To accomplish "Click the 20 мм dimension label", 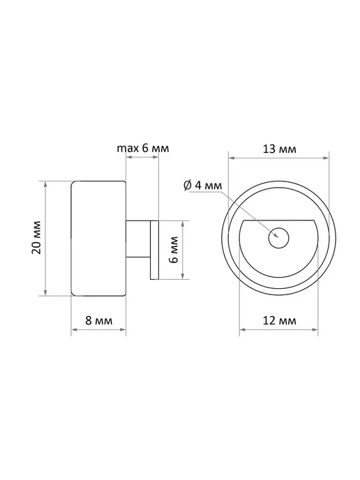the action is point(36,237).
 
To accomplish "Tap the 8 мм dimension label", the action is point(98,320).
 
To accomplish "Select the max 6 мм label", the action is point(142,148).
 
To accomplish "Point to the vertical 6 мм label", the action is point(174,249).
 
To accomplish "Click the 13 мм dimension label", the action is point(280,149).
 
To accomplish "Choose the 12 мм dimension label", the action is point(280,320).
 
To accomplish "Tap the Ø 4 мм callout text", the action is point(202,185).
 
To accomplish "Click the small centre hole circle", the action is point(279,237).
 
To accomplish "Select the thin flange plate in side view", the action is point(154,250).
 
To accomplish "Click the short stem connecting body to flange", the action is point(138,239).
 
